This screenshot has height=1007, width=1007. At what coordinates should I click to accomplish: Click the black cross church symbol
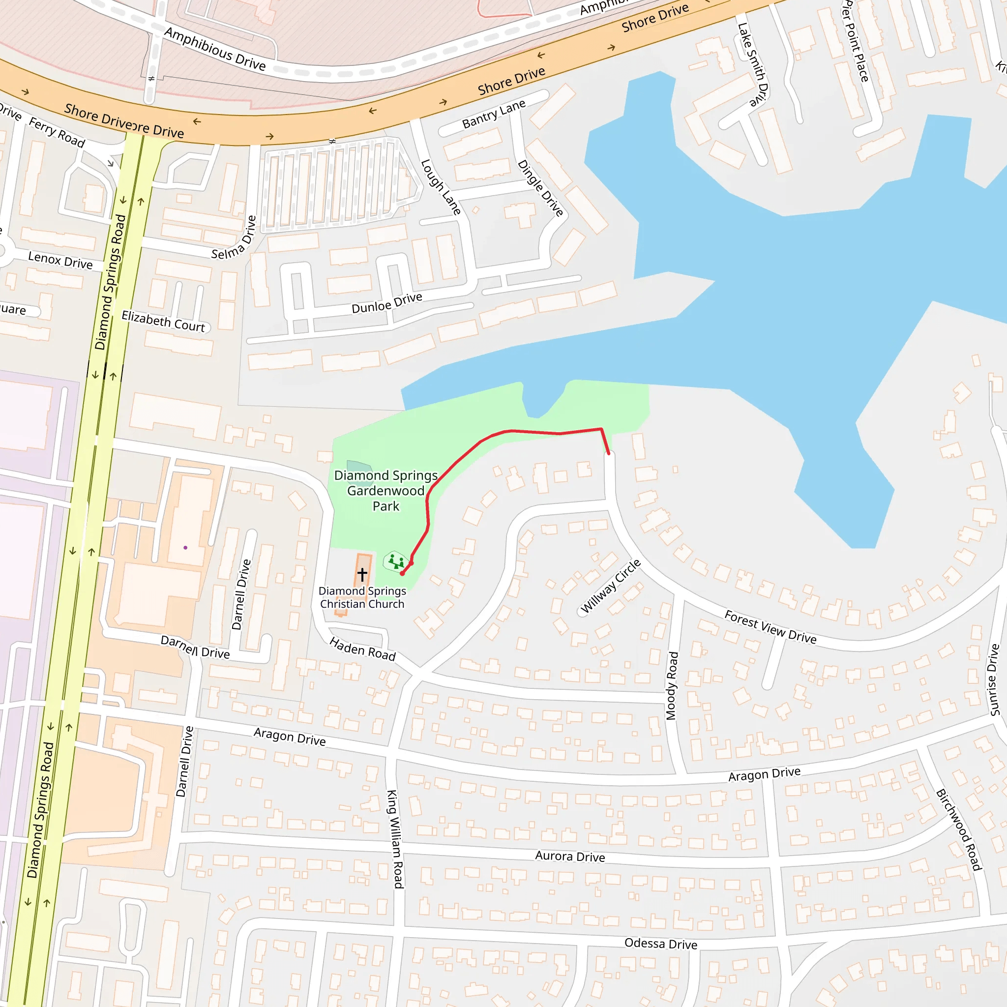pos(362,574)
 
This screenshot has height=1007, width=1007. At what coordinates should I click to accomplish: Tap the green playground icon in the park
pos(396,562)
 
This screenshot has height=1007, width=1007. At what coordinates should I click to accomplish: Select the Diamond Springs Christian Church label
pos(362,597)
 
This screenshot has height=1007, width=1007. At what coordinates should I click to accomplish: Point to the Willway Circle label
pos(610,587)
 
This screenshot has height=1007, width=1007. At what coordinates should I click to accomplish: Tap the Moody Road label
pos(672,686)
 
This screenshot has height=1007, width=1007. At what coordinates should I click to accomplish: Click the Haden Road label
pos(363,649)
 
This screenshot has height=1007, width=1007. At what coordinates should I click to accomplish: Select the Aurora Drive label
pos(570,857)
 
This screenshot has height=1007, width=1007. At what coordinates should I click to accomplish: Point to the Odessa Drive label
pos(660,944)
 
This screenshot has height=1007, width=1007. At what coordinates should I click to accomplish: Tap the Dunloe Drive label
pos(387,303)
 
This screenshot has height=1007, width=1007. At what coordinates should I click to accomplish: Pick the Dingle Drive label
pos(540,188)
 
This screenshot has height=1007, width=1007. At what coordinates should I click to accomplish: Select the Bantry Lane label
pos(494,114)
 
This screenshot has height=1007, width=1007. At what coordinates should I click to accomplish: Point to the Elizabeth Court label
pos(163,321)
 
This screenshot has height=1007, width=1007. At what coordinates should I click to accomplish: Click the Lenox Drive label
pos(60,260)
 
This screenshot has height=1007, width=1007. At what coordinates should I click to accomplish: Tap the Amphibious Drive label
pos(215,49)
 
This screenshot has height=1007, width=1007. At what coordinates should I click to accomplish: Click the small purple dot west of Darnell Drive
pos(185,548)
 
